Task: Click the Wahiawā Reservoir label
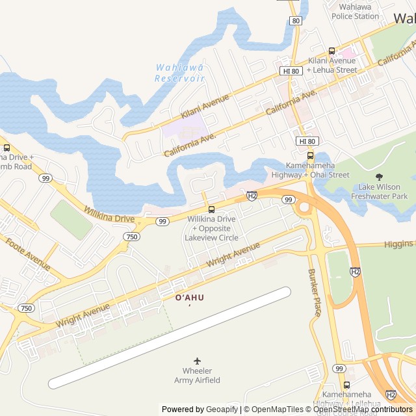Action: click(x=180, y=73)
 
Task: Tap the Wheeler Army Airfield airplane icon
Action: click(x=198, y=361)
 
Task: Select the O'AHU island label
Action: click(x=189, y=298)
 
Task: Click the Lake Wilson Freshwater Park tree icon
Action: click(x=380, y=176)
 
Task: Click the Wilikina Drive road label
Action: click(x=109, y=214)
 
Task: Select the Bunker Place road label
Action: click(x=315, y=292)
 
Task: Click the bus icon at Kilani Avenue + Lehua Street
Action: click(x=331, y=51)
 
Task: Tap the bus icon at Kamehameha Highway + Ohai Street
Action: click(x=310, y=155)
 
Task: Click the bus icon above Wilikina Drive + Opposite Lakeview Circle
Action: click(x=211, y=209)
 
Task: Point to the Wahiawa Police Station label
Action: click(x=355, y=11)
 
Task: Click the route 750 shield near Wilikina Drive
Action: click(x=132, y=237)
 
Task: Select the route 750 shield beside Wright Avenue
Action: click(x=26, y=307)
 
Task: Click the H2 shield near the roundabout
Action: click(x=252, y=195)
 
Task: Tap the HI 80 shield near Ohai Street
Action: click(x=307, y=141)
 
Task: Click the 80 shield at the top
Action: click(x=296, y=21)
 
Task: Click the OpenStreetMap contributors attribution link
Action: click(x=370, y=409)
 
